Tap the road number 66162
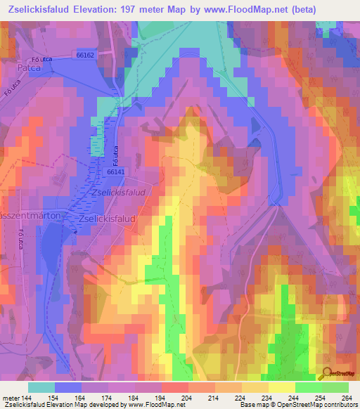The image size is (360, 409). click(x=85, y=54)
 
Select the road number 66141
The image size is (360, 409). click(x=117, y=171)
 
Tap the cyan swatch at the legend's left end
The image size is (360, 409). click(x=41, y=387)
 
